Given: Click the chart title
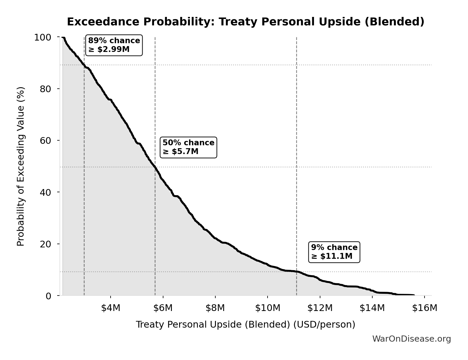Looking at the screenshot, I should [245, 22].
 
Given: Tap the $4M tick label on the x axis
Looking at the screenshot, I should [111, 308].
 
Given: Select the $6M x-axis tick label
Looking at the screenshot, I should [163, 308].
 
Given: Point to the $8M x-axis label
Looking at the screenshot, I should [215, 308].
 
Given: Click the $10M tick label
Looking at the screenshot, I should [268, 308].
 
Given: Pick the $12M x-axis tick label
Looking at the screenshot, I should [320, 308].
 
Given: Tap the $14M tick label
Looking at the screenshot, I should [372, 308].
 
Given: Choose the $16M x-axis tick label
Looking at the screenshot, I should [425, 308].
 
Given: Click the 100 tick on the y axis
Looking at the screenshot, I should [43, 37].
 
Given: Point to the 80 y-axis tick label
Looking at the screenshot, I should [46, 89].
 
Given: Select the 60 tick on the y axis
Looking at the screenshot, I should [46, 140].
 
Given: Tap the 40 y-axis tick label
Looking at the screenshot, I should [46, 192].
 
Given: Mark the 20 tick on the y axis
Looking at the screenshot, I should [46, 244].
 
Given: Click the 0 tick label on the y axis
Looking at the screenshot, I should [48, 296].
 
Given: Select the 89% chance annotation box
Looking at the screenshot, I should [114, 45].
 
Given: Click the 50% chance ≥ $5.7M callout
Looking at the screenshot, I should [188, 147].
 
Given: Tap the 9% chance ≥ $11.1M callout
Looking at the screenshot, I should [334, 252].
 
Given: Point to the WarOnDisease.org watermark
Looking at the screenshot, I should [411, 339].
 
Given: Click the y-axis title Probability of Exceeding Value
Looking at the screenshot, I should [21, 166].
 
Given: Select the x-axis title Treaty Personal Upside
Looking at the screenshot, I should [245, 324].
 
